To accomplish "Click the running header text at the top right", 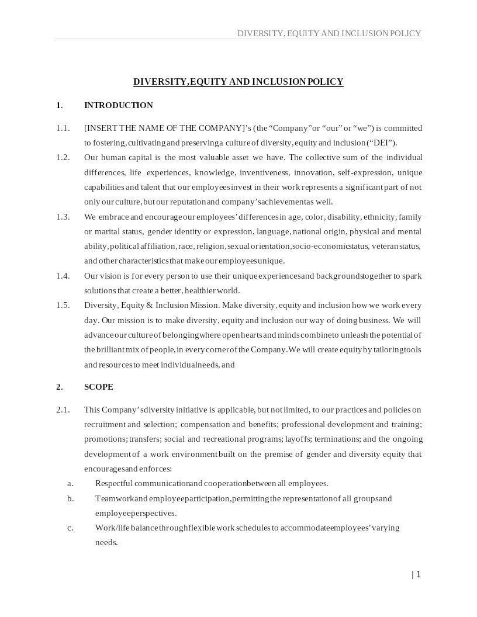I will (329, 33).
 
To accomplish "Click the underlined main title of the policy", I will (238, 82).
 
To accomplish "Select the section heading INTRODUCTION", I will (119, 105).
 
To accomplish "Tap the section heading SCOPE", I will (99, 387).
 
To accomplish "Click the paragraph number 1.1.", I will (63, 128).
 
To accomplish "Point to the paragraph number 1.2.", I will (63, 157).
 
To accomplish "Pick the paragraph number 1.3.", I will (63, 217).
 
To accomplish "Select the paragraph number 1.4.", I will (63, 276).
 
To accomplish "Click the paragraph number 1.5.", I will (63, 305).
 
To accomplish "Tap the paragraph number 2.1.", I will (63, 410).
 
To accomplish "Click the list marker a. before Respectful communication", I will (70, 483).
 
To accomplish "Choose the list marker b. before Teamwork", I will (70, 498).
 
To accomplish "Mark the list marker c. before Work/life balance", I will (70, 528).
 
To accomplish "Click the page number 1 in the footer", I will (418, 574).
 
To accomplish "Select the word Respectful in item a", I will (114, 483).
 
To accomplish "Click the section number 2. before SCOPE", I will (59, 387).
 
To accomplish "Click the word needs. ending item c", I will (106, 542).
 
